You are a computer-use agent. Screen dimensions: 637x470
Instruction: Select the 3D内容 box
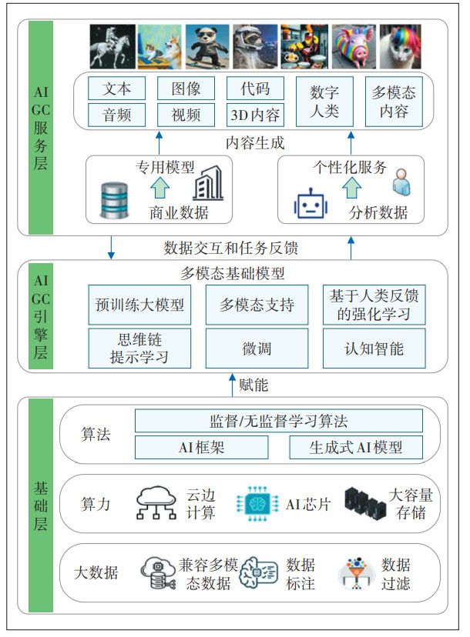click(254, 115)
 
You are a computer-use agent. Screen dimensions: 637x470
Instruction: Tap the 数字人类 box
click(324, 102)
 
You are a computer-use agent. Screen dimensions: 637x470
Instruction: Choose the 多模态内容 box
click(394, 102)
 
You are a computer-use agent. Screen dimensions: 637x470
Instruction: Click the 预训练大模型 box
click(139, 305)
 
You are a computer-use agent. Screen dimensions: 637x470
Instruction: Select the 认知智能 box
click(374, 348)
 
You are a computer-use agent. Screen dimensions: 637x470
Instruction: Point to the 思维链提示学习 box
click(139, 348)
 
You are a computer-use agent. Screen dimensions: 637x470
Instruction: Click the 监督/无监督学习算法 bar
click(278, 421)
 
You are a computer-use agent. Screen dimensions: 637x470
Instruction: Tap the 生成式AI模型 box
click(355, 447)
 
